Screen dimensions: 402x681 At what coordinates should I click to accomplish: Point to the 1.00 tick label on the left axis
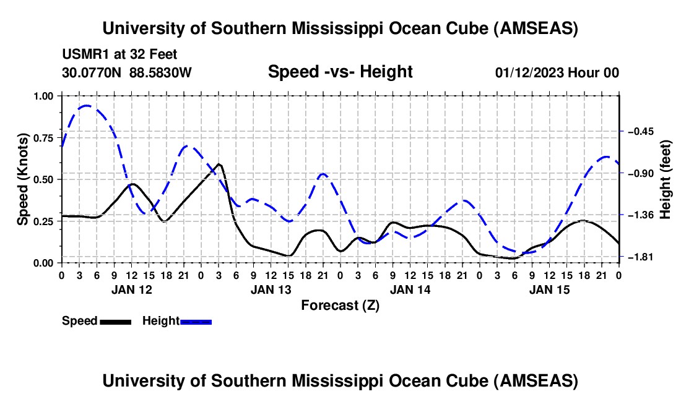click(x=44, y=96)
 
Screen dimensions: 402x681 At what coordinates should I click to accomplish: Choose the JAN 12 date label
click(x=131, y=289)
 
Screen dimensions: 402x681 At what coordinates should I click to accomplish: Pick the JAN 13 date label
click(x=271, y=289)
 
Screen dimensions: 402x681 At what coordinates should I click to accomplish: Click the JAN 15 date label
click(x=549, y=289)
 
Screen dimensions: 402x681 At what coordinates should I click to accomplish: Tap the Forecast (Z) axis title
click(x=340, y=305)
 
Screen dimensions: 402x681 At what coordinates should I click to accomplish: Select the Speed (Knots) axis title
click(x=23, y=179)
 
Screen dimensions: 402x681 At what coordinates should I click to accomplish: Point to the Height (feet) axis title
click(x=666, y=179)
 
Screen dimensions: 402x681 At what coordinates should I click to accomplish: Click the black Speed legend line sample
click(x=115, y=322)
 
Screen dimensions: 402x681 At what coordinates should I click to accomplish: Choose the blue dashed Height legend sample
click(x=196, y=322)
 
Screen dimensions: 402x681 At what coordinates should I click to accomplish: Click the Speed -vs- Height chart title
click(x=340, y=72)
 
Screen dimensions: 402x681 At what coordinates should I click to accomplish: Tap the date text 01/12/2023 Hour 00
click(x=557, y=72)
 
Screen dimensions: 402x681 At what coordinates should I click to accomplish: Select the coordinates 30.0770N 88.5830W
click(x=127, y=72)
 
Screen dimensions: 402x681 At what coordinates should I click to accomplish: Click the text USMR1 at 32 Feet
click(x=119, y=54)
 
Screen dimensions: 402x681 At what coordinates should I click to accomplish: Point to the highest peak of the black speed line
click(x=219, y=164)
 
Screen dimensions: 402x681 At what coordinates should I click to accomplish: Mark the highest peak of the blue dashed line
click(x=86, y=106)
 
